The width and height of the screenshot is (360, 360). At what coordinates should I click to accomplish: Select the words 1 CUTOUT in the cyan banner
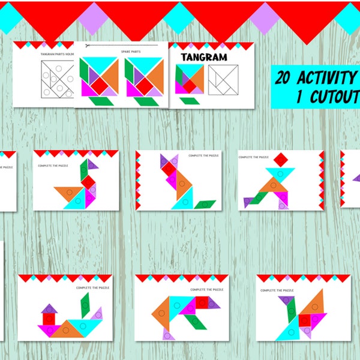coord(327,97)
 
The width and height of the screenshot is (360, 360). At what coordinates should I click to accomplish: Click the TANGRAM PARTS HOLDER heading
coord(57,54)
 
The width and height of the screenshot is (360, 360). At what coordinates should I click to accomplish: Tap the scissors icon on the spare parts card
coord(88,46)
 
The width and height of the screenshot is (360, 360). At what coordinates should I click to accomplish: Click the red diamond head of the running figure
coord(280,160)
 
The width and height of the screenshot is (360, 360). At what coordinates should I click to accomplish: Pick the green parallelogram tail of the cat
coord(205,204)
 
